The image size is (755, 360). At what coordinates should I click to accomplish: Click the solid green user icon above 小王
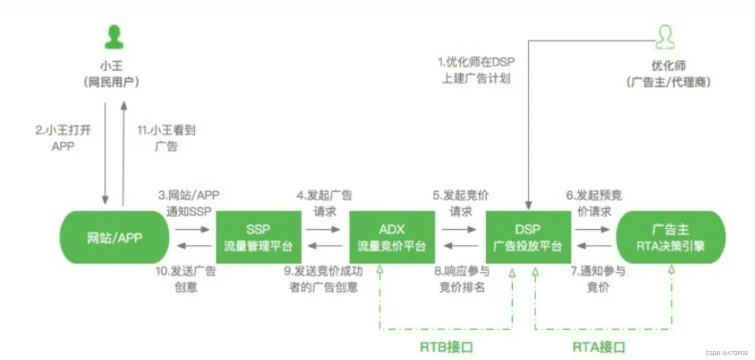point(113,36)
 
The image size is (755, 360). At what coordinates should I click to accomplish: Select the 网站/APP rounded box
point(114,237)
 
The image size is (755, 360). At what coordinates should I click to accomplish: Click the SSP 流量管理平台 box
point(259,237)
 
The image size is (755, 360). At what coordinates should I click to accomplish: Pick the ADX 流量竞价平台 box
point(392,237)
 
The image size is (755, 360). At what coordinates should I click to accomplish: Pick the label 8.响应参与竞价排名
point(462,279)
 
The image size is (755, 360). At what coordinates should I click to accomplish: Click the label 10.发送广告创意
point(186,279)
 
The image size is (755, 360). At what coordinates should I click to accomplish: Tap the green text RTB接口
point(446,347)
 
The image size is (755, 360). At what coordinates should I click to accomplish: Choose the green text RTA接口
point(600,347)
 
